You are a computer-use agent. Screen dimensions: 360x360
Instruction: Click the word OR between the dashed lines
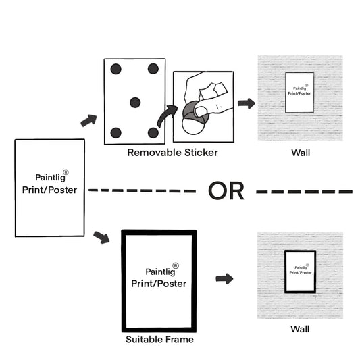pos(226,190)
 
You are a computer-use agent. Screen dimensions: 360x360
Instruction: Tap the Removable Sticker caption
pos(172,153)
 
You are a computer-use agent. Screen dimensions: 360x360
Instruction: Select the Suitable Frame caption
pos(159,339)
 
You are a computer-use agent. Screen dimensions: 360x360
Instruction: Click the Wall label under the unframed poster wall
pos(301,153)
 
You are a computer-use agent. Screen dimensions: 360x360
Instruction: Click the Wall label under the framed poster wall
pos(300,329)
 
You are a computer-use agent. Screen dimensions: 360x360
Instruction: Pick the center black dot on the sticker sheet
pos(135,103)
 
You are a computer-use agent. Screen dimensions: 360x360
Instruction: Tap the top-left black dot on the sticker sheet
pos(115,69)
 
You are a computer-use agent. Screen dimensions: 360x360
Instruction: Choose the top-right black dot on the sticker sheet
pos(153,69)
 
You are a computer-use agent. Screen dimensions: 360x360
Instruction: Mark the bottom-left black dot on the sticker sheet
pos(115,132)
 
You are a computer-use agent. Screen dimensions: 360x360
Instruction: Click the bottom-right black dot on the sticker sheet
pos(153,132)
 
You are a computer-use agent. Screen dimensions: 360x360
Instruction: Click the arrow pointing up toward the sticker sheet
pos(88,120)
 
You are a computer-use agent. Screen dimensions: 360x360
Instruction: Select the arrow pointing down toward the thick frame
pos(101,238)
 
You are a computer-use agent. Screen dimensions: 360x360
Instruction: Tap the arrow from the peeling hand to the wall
pos(247,103)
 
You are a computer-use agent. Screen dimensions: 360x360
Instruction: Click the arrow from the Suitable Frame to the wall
pos(224,279)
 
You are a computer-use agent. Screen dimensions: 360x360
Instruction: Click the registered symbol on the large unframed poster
pos(66,172)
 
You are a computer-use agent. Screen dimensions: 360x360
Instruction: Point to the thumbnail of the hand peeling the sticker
pos(203,107)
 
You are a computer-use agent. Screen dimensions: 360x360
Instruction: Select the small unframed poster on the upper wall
pos(299,93)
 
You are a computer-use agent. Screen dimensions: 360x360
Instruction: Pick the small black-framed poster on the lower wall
pos(301,272)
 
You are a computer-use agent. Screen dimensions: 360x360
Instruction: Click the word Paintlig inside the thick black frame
pos(160,272)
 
